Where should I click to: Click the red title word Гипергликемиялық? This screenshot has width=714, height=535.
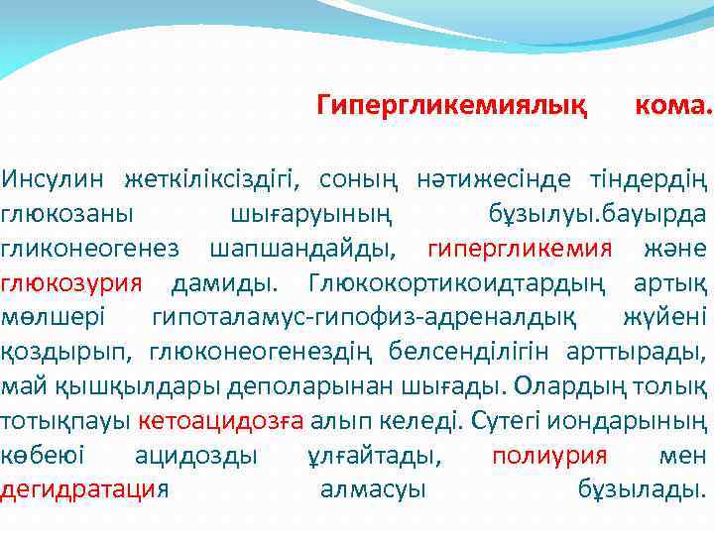point(451,103)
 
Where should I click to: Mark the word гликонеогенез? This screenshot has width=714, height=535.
point(90,247)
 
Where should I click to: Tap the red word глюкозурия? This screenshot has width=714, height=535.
point(72,281)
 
